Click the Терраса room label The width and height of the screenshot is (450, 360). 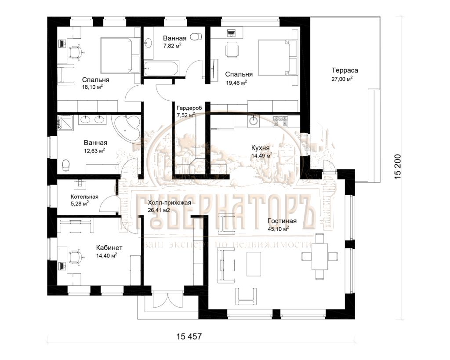pyautogui.click(x=345, y=70)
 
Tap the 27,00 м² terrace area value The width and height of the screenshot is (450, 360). pyautogui.click(x=342, y=79)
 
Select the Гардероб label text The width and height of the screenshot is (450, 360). pyautogui.click(x=189, y=108)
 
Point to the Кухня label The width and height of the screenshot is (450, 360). pyautogui.click(x=260, y=148)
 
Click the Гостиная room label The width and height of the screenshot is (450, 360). pyautogui.click(x=282, y=221)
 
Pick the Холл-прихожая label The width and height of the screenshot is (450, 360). pyautogui.click(x=169, y=203)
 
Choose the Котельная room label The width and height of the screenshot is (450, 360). pyautogui.click(x=84, y=196)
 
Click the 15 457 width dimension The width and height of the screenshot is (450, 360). pyautogui.click(x=189, y=336)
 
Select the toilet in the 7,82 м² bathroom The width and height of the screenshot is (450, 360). pyautogui.click(x=196, y=37)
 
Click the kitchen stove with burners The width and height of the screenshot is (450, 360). pyautogui.click(x=281, y=121)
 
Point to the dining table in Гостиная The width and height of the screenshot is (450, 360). pyautogui.click(x=320, y=256)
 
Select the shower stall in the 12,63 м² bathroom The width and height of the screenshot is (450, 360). pyautogui.click(x=65, y=123)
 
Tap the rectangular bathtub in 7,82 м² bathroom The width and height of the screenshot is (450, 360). pyautogui.click(x=162, y=68)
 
